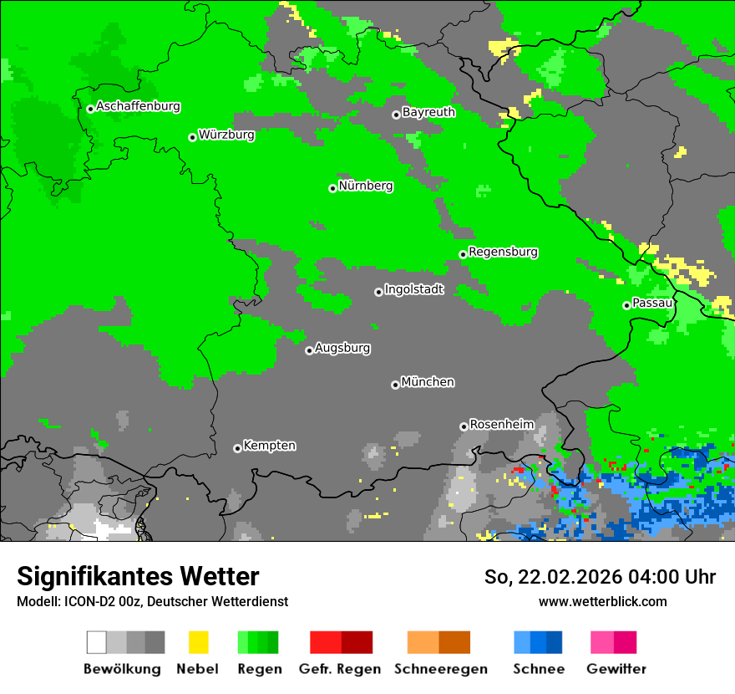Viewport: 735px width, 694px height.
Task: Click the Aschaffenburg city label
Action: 138,107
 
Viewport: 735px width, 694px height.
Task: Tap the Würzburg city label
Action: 226,135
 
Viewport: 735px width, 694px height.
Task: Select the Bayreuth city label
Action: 428,112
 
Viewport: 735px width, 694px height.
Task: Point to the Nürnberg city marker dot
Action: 332,188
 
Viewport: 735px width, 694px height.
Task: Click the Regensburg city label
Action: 503,252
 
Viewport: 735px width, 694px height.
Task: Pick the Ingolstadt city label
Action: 414,289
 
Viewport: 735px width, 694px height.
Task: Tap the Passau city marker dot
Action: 626,305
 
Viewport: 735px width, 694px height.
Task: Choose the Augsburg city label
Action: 342,348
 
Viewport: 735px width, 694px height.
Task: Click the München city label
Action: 428,382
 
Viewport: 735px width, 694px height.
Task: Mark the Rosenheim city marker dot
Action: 464,426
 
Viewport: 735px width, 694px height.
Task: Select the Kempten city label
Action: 269,446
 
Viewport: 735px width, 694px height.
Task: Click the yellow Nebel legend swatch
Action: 198,642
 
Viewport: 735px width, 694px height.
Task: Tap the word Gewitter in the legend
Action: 616,669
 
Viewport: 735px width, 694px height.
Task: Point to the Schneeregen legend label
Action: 440,669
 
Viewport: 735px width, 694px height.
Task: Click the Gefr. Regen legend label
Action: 340,669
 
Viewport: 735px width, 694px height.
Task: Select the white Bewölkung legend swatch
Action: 96,642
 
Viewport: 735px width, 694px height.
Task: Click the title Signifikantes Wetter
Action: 138,577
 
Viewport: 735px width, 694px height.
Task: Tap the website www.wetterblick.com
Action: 602,601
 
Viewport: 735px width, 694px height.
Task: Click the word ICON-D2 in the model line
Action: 84,601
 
